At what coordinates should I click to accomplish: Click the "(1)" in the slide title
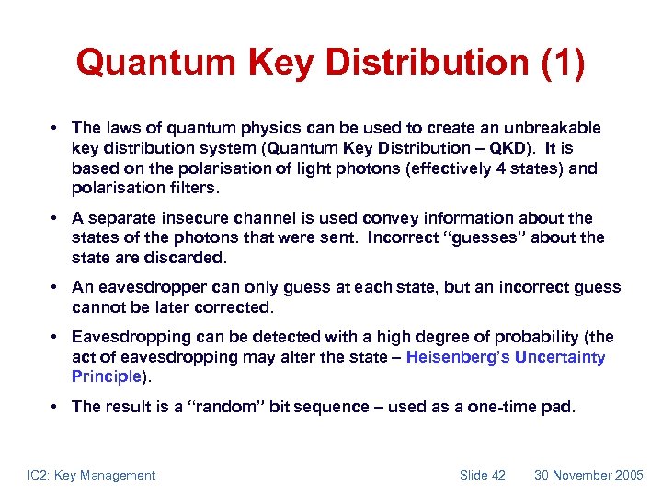[554, 63]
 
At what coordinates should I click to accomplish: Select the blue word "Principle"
[106, 376]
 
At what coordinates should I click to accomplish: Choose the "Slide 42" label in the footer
[483, 475]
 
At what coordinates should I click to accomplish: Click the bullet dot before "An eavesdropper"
[57, 288]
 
